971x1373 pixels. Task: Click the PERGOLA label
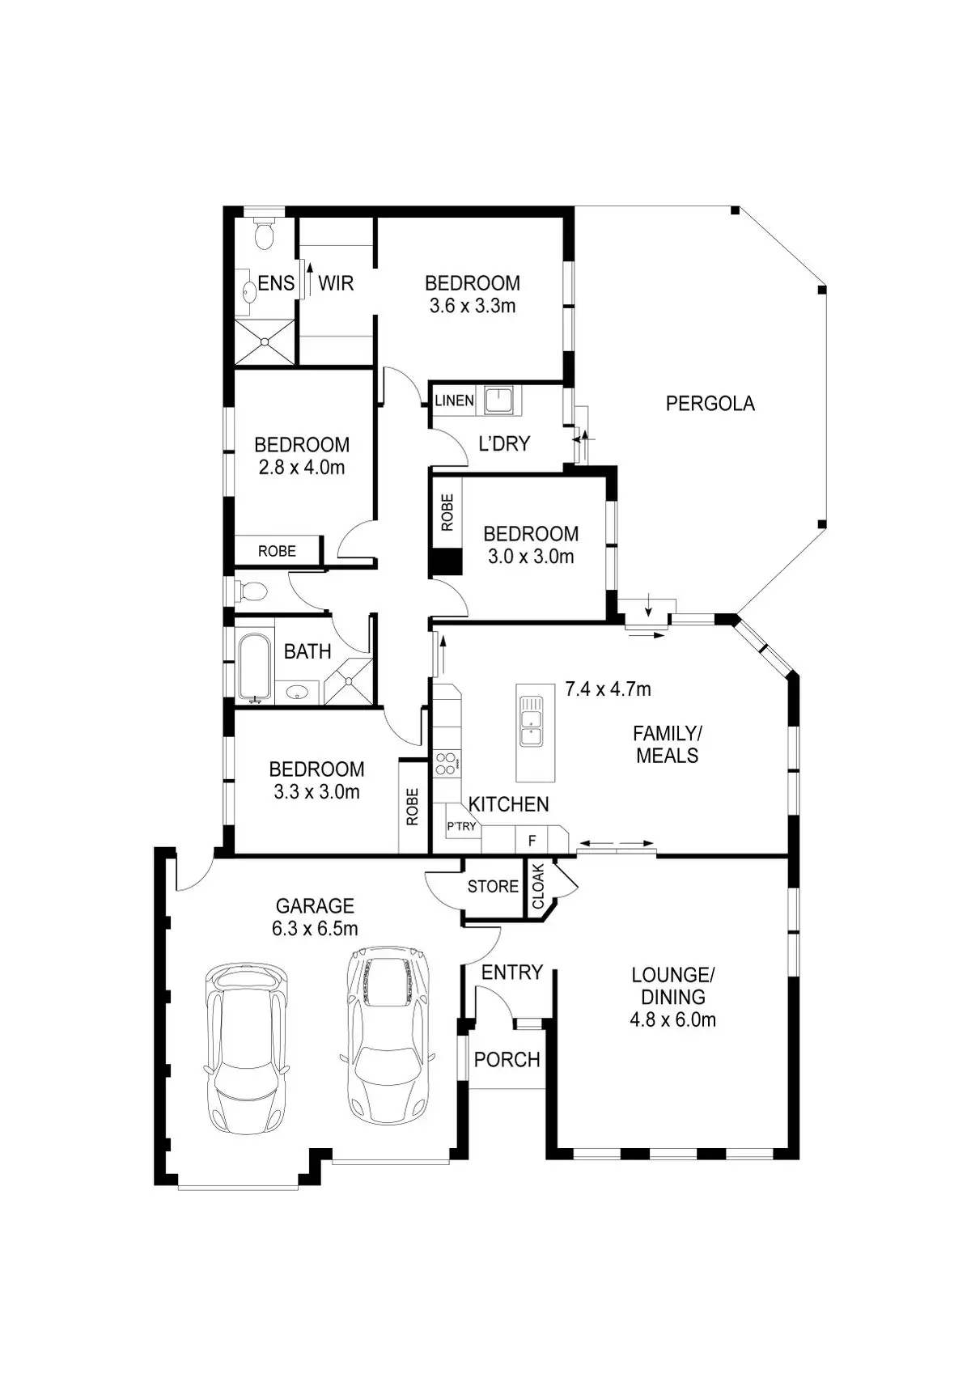click(x=710, y=403)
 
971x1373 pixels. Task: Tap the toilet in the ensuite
click(x=264, y=235)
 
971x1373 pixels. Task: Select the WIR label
click(x=336, y=283)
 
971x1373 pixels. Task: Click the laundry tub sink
click(x=498, y=400)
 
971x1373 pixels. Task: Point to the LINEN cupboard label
click(x=454, y=400)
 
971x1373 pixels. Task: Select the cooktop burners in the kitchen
click(x=446, y=763)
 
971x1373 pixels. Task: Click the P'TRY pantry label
click(x=461, y=826)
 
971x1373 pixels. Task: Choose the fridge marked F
click(x=532, y=841)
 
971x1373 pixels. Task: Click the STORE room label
click(x=493, y=886)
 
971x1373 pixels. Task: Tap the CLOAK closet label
click(x=538, y=887)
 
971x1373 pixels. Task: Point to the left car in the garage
click(x=246, y=1047)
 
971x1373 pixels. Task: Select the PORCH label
click(x=507, y=1059)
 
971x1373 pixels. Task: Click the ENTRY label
click(x=511, y=972)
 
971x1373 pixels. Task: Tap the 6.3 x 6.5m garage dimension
click(x=315, y=929)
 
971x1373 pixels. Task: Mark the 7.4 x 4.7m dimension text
click(x=608, y=689)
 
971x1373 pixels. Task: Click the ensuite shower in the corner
click(x=265, y=341)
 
